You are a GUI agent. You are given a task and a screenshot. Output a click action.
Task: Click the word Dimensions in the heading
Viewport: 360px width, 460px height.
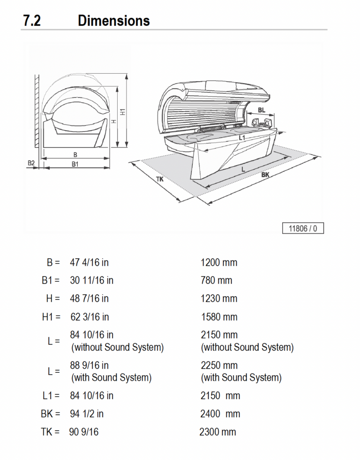[x=113, y=21]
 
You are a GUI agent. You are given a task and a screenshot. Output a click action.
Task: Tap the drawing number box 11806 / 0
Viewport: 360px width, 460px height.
[x=303, y=228]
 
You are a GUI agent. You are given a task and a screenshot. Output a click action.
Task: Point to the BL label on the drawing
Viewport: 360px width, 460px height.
[x=262, y=110]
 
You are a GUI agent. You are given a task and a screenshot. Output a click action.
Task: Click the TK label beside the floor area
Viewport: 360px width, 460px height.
[x=160, y=179]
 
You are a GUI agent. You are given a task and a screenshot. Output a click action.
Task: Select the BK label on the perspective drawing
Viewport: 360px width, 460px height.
[x=265, y=174]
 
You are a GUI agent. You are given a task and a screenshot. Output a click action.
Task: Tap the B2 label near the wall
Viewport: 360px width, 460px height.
[x=31, y=163]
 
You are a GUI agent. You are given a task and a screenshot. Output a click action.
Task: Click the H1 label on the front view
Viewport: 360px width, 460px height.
[x=123, y=112]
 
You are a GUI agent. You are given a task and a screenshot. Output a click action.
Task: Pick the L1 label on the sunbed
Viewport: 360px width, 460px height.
[x=242, y=138]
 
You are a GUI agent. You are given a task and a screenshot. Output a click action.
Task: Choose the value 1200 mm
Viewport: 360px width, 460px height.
[x=219, y=263]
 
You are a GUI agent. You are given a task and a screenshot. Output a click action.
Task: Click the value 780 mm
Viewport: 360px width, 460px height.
[x=216, y=281]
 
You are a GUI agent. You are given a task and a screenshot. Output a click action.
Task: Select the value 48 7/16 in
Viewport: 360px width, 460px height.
[x=89, y=299]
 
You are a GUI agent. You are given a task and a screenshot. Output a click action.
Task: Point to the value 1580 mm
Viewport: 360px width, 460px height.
[x=219, y=317]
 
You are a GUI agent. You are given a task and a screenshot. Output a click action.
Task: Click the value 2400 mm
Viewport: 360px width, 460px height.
[x=220, y=414]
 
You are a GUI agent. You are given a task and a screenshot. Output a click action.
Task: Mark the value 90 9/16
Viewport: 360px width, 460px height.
[x=83, y=432]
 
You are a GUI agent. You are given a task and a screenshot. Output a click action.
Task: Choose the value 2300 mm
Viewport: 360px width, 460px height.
[x=217, y=432]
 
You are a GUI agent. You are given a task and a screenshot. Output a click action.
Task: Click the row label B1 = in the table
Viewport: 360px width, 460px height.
[x=50, y=281]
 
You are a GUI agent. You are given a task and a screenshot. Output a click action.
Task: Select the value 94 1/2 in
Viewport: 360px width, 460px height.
[x=87, y=414]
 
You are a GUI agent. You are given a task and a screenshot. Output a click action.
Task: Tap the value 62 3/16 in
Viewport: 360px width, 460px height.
[x=90, y=317]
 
